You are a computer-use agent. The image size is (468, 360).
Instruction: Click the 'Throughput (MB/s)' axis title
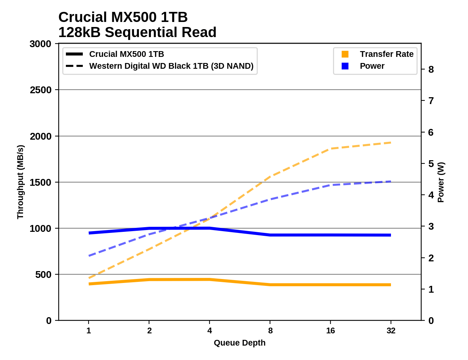click(x=20, y=182)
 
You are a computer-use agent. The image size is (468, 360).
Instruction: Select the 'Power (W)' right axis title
click(x=441, y=182)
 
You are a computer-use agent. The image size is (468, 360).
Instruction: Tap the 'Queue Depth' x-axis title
click(x=239, y=343)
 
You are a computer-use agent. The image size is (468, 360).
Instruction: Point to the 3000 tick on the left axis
click(x=40, y=44)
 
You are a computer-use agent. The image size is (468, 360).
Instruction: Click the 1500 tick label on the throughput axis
click(x=40, y=183)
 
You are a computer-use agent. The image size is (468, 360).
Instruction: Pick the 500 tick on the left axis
click(x=43, y=275)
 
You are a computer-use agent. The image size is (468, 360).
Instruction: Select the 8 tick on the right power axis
click(x=431, y=69)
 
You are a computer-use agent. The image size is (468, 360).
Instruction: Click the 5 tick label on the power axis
click(x=431, y=164)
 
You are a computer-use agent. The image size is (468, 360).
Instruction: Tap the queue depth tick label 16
click(x=330, y=330)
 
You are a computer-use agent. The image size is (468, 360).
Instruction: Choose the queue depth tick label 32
click(x=391, y=330)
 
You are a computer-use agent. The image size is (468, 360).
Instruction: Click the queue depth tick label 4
click(x=210, y=330)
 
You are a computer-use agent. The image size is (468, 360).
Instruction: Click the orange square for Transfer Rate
click(x=345, y=54)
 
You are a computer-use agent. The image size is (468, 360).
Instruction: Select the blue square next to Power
click(x=345, y=66)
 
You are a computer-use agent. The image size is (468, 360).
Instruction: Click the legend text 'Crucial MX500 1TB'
click(x=126, y=54)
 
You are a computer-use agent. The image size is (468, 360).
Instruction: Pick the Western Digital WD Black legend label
click(x=171, y=66)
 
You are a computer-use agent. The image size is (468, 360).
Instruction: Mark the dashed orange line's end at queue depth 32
click(x=391, y=143)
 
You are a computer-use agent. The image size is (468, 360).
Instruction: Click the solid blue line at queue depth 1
click(x=89, y=233)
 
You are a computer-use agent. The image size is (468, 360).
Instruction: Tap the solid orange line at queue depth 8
click(x=270, y=285)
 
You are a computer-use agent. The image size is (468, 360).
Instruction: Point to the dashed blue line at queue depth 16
click(x=330, y=185)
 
